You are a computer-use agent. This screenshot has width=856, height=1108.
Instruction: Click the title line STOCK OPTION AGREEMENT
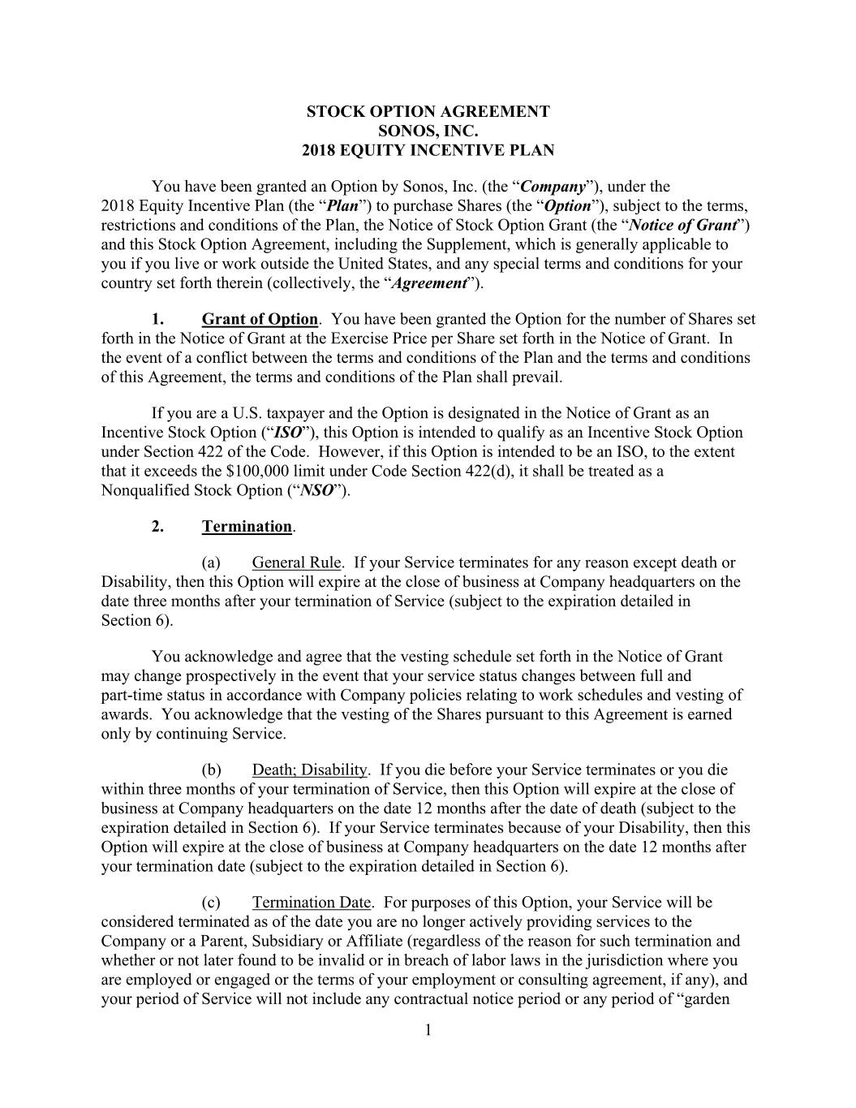pos(428,111)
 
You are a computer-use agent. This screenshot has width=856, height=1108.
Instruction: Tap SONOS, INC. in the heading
pos(428,131)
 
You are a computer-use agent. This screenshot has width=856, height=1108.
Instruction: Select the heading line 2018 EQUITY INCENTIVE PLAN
pos(428,150)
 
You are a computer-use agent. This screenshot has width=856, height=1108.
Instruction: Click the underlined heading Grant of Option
pos(260,320)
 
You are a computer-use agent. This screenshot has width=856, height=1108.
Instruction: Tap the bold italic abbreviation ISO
pos(289,433)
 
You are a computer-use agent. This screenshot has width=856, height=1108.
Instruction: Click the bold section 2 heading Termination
pos(247,527)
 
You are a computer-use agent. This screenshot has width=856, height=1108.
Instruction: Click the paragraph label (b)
pos(211,770)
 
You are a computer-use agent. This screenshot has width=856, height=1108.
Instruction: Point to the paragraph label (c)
pos(211,903)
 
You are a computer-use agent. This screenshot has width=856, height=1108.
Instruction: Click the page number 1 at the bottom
pos(428,1031)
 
